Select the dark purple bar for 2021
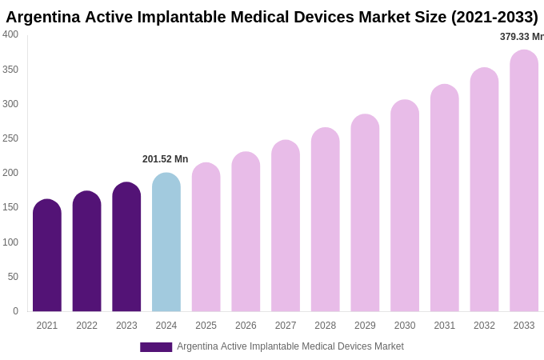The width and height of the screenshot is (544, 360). coord(47,256)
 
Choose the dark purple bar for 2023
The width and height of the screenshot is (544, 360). coord(126,247)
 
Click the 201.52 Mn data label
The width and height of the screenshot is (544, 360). coord(166,159)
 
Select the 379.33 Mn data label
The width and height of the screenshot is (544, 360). coord(521,37)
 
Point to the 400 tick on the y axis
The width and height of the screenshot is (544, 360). coord(10,34)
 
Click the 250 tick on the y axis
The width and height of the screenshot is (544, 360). coord(10,138)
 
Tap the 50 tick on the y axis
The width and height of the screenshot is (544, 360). coord(13,277)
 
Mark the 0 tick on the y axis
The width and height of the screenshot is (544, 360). coord(15,311)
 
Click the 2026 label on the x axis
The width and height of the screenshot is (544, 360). coord(246,326)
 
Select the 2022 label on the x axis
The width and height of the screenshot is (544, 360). coord(86,326)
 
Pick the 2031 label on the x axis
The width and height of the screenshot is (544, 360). coord(445,326)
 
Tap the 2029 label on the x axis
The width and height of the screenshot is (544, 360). coord(365,326)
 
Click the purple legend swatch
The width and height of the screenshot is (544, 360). coord(156,347)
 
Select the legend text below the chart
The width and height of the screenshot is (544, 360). coord(290,346)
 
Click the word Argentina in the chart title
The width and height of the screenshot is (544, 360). coord(43,17)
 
